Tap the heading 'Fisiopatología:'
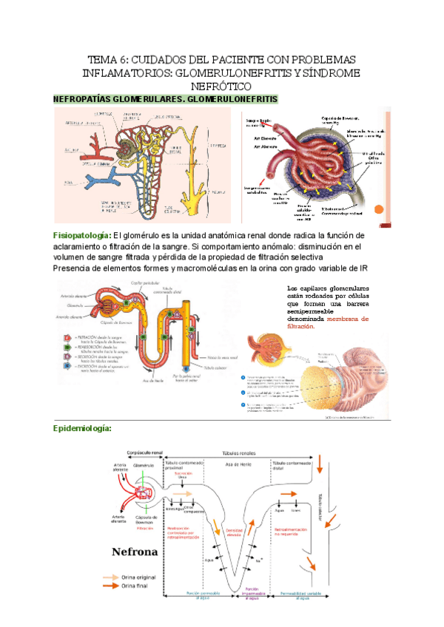click(81, 235)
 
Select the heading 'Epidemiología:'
click(81, 428)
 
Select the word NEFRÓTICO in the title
click(222, 87)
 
